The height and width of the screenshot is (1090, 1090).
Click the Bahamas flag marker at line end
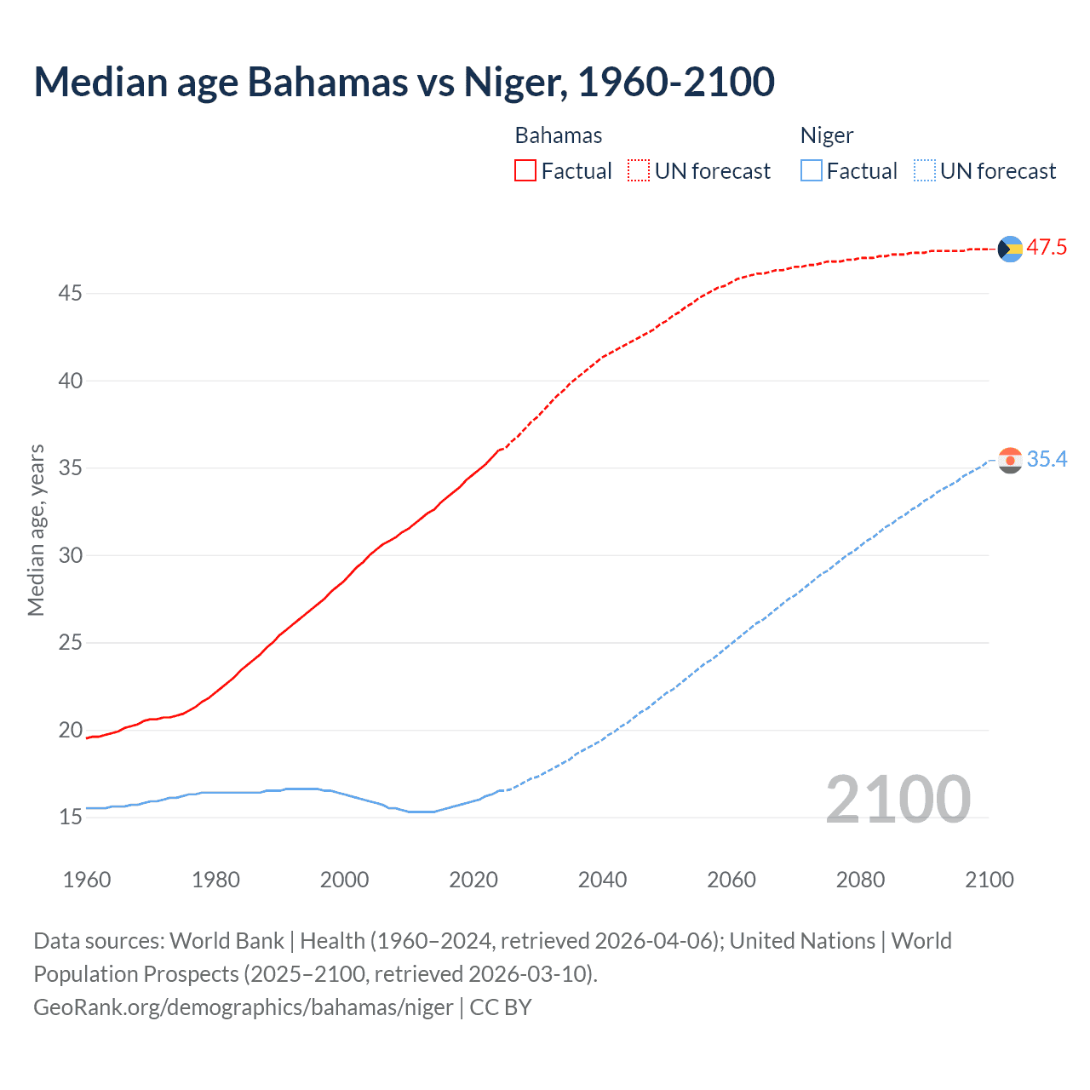pyautogui.click(x=1010, y=249)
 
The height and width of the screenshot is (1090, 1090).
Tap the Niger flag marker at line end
pyautogui.click(x=1010, y=461)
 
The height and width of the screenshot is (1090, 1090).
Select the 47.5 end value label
pyautogui.click(x=1047, y=248)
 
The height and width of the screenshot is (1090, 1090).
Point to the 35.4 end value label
pyautogui.click(x=1047, y=460)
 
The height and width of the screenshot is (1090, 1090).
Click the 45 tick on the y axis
pyautogui.click(x=70, y=294)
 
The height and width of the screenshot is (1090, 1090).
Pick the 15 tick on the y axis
pyautogui.click(x=70, y=817)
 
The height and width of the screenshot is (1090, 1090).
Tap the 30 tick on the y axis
pyautogui.click(x=70, y=555)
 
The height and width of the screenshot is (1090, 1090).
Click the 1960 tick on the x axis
pyautogui.click(x=87, y=880)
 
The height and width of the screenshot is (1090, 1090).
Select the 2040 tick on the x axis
pyautogui.click(x=602, y=880)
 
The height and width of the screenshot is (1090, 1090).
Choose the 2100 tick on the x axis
pyautogui.click(x=989, y=880)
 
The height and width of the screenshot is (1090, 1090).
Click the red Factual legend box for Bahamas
pyautogui.click(x=525, y=171)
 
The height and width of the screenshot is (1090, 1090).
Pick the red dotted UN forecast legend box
pyautogui.click(x=639, y=171)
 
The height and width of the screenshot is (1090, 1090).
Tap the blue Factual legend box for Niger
pyautogui.click(x=812, y=171)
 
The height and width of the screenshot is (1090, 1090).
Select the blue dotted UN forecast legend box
pyautogui.click(x=924, y=171)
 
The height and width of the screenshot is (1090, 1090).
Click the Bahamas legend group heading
pyautogui.click(x=559, y=136)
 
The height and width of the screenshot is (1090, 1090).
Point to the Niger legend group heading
pyautogui.click(x=826, y=136)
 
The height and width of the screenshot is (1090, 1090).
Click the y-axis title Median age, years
pyautogui.click(x=36, y=530)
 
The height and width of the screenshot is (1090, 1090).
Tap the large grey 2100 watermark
pyautogui.click(x=898, y=799)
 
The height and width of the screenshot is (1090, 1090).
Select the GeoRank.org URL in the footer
pyautogui.click(x=244, y=1007)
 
